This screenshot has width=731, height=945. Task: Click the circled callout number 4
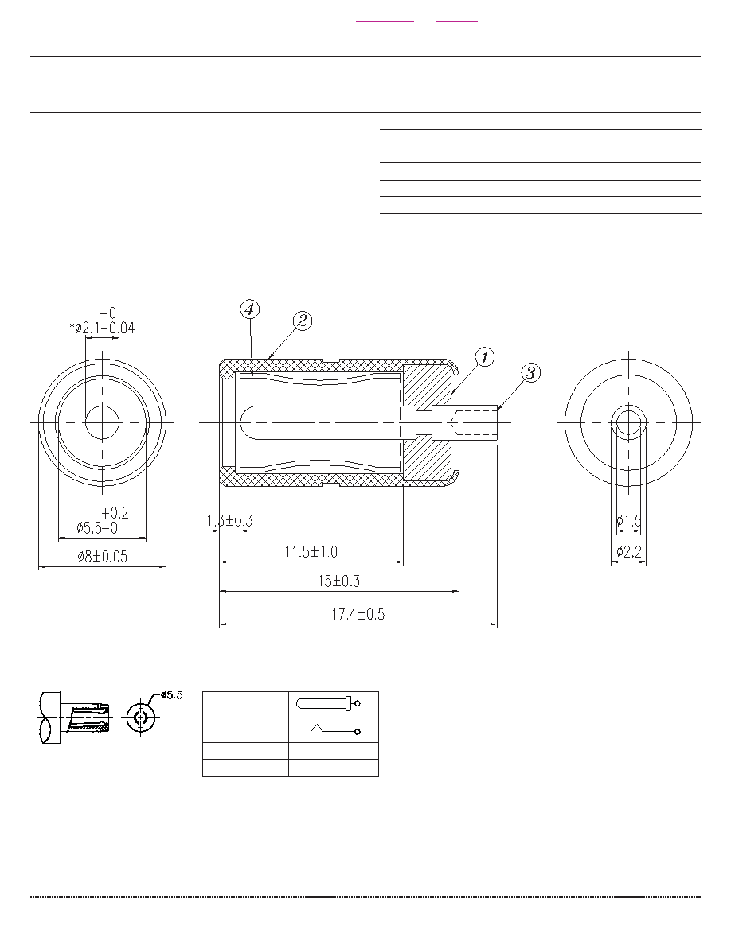pyautogui.click(x=250, y=309)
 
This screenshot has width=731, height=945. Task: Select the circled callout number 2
pyautogui.click(x=302, y=321)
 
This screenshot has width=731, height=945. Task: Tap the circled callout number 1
pyautogui.click(x=485, y=357)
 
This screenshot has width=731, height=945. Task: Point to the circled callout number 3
pyautogui.click(x=530, y=372)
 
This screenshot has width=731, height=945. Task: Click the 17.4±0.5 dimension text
pyautogui.click(x=358, y=614)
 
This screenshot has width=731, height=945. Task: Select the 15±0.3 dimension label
pyautogui.click(x=339, y=581)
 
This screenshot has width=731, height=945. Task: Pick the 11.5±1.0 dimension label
pyautogui.click(x=311, y=551)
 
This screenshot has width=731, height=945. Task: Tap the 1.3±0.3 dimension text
pyautogui.click(x=229, y=521)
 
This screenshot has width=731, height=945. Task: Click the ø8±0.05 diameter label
pyautogui.click(x=103, y=556)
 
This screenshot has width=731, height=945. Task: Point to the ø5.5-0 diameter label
pyautogui.click(x=97, y=528)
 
